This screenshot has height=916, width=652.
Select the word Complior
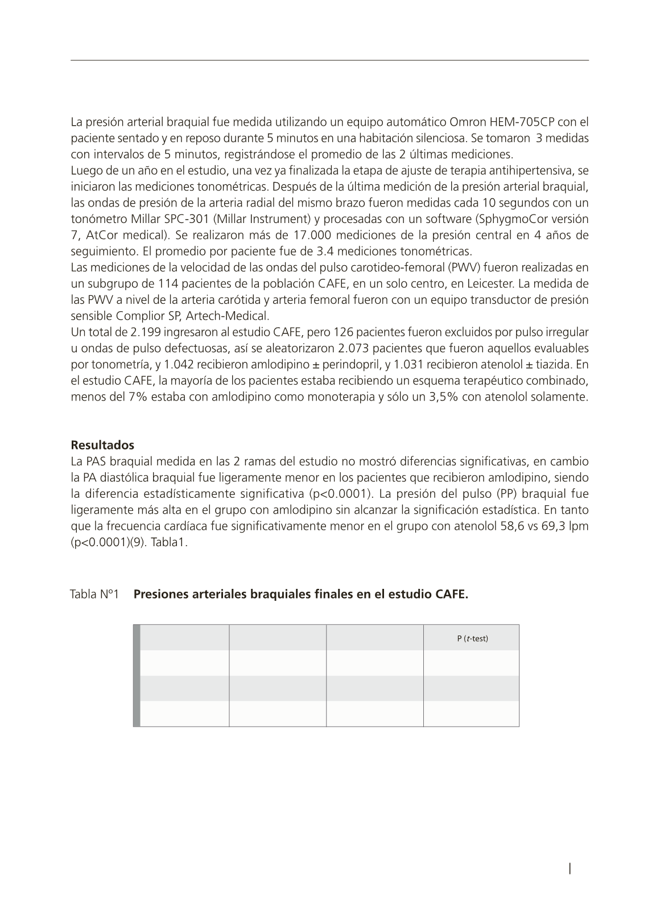click(x=139, y=316)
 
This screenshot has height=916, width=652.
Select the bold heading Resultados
click(x=102, y=445)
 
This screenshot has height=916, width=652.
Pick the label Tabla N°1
click(x=94, y=595)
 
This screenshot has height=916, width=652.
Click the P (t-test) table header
click(x=472, y=638)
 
